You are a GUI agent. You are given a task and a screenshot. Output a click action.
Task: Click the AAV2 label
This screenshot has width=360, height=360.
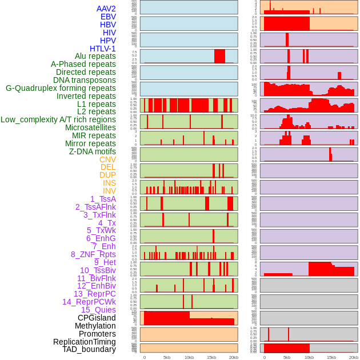106,9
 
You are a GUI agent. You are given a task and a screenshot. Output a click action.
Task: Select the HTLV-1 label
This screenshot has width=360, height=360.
103,49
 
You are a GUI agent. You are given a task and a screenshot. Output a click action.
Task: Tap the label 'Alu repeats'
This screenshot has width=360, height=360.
95,57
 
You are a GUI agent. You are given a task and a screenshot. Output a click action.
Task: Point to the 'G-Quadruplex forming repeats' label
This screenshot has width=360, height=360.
61,89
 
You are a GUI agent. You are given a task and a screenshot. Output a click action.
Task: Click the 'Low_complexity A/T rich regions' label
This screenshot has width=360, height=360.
58,119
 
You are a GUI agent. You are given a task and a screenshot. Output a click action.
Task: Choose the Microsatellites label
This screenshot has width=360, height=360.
90,127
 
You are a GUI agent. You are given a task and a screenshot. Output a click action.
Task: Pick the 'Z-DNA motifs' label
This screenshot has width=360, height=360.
93,151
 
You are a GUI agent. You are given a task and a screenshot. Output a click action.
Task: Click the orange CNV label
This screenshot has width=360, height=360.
107,159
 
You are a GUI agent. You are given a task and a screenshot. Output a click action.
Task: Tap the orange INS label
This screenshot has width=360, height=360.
109,183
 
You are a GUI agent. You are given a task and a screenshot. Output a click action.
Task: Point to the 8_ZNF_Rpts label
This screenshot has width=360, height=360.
93,254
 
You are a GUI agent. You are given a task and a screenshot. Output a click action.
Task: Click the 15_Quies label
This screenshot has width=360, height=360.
98,310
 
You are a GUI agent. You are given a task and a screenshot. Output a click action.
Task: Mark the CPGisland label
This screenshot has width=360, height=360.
97,318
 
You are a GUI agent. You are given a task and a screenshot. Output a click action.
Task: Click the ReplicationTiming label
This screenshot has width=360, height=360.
85,342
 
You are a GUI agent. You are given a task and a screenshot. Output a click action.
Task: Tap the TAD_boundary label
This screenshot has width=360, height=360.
89,349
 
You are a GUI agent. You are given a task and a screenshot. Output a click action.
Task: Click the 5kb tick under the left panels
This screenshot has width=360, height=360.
167,357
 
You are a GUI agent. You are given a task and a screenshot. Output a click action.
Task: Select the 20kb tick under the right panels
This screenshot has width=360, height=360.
354,357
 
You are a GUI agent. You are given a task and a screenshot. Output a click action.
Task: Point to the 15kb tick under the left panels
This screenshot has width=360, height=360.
211,357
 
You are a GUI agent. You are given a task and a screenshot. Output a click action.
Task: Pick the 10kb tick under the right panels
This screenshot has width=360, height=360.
309,357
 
